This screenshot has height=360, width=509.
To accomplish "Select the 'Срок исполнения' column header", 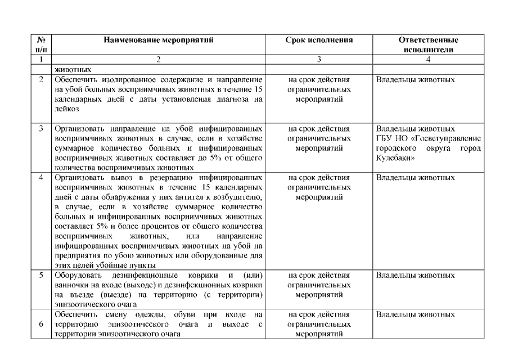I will click(x=319, y=40).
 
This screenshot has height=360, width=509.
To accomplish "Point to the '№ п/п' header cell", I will click(x=41, y=45).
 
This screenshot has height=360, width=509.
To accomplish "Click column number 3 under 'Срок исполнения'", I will click(x=319, y=59).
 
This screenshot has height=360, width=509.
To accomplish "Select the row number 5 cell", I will click(x=41, y=276).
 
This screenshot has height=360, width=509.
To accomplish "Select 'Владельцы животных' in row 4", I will click(x=415, y=178).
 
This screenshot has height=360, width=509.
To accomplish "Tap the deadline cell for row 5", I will click(x=319, y=285).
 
